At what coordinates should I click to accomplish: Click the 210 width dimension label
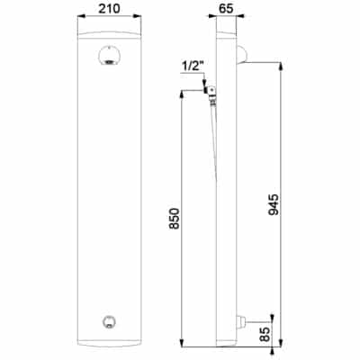(109, 8)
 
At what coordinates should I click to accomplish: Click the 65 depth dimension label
(226, 8)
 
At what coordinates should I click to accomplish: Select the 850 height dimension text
(175, 219)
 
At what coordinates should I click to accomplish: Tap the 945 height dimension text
(274, 205)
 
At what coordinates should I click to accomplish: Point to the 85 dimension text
(265, 333)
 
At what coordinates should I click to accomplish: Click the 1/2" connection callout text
(193, 67)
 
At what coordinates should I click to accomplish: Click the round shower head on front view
(109, 56)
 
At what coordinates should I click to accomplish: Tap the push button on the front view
(109, 322)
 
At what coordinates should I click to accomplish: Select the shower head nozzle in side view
(242, 55)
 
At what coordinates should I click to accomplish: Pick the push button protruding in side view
(240, 322)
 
